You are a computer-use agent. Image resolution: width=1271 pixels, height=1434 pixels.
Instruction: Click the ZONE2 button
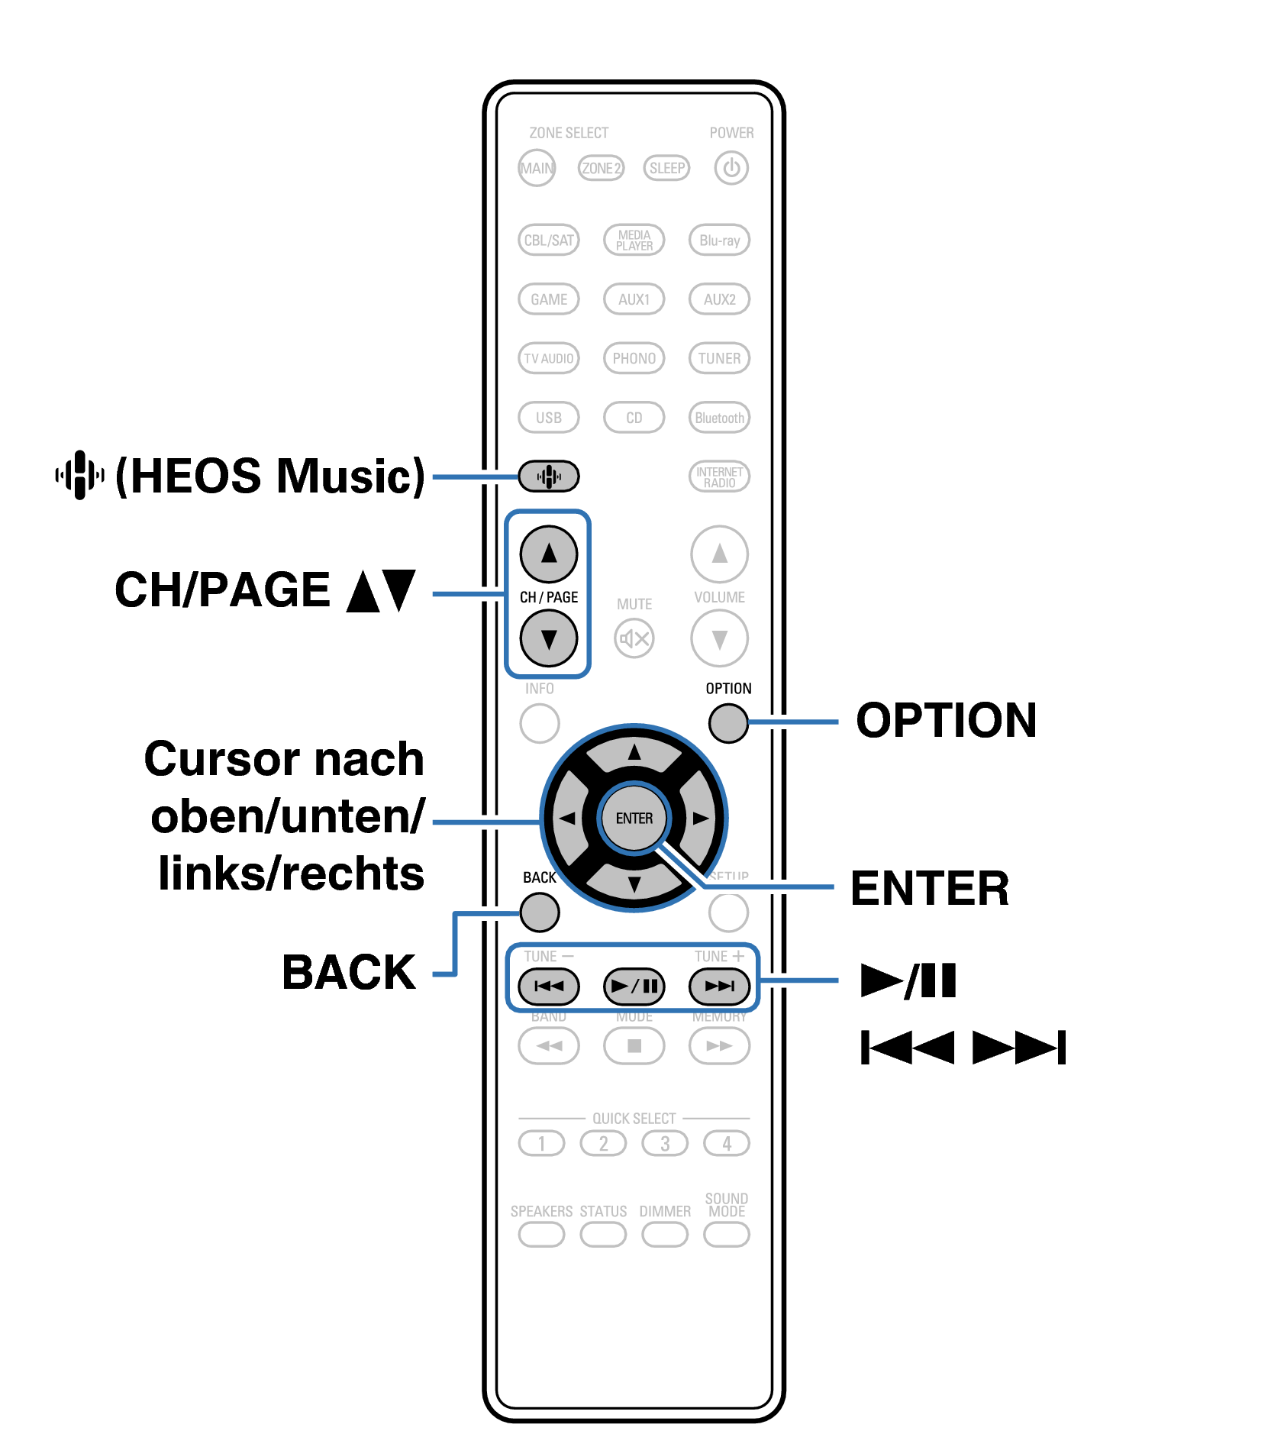tap(601, 168)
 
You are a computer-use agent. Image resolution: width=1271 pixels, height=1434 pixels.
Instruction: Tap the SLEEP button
tap(666, 168)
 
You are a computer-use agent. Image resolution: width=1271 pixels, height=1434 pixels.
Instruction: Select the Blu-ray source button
tap(719, 240)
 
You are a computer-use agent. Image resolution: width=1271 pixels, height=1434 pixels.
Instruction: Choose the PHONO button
tap(634, 358)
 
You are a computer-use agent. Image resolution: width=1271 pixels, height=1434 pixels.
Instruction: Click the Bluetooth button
tap(719, 418)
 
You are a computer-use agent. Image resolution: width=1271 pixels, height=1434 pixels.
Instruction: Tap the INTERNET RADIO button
tap(719, 476)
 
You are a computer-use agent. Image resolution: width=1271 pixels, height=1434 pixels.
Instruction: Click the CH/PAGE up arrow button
tap(548, 554)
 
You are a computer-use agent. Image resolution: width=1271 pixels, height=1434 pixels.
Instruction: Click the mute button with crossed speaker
tap(634, 638)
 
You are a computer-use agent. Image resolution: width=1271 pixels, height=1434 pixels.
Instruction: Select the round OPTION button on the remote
tap(728, 722)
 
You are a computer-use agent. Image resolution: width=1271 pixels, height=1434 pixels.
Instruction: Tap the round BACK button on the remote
tap(540, 912)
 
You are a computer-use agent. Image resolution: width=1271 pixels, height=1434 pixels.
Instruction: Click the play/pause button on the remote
tap(634, 986)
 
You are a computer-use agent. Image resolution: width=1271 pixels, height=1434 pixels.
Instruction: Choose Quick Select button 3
tap(665, 1143)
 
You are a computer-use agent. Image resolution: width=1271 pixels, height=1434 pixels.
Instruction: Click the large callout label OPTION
tap(947, 720)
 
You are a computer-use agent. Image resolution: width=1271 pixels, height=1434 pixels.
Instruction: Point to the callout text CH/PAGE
tap(222, 590)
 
